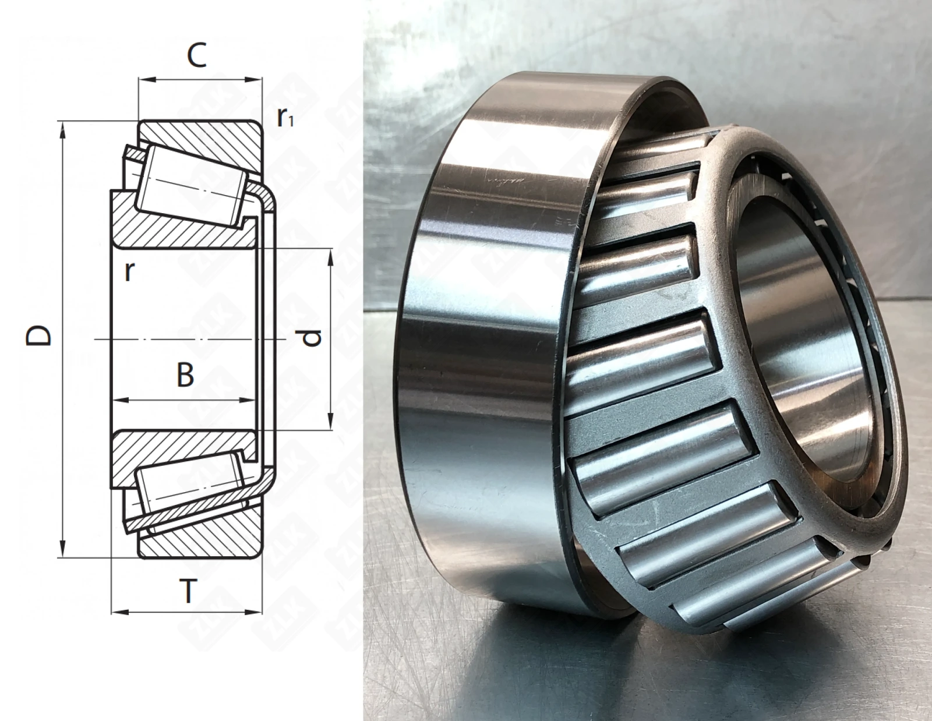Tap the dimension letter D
point(38,335)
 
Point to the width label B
point(185,374)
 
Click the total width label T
point(187,591)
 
